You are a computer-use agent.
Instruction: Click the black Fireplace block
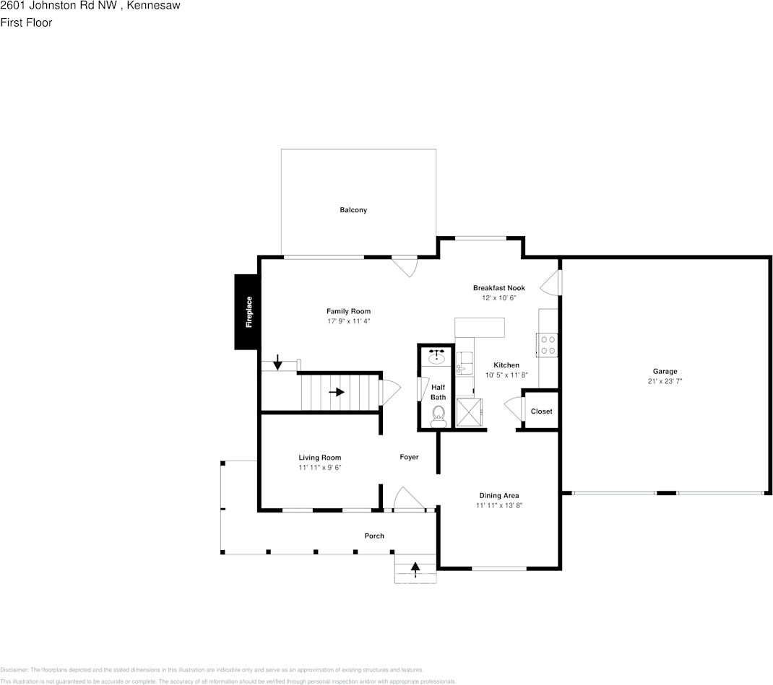click(246, 312)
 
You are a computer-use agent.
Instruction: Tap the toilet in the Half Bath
click(438, 414)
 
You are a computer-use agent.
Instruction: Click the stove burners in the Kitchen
click(547, 344)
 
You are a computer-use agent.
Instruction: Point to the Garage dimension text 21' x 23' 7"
click(665, 381)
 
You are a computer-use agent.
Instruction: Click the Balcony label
click(353, 210)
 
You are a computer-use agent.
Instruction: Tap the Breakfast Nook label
click(498, 288)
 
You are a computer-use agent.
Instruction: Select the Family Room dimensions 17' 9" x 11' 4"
click(348, 321)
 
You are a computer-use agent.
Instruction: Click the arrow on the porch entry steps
click(415, 568)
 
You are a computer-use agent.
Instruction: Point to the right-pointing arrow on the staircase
click(337, 392)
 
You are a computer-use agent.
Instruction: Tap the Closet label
click(541, 411)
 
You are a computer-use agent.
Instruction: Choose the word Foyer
click(409, 457)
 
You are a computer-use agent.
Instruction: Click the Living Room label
click(319, 458)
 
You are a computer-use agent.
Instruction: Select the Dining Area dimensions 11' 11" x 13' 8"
click(498, 506)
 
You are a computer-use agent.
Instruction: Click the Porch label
click(374, 536)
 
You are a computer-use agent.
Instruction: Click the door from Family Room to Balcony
click(406, 266)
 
